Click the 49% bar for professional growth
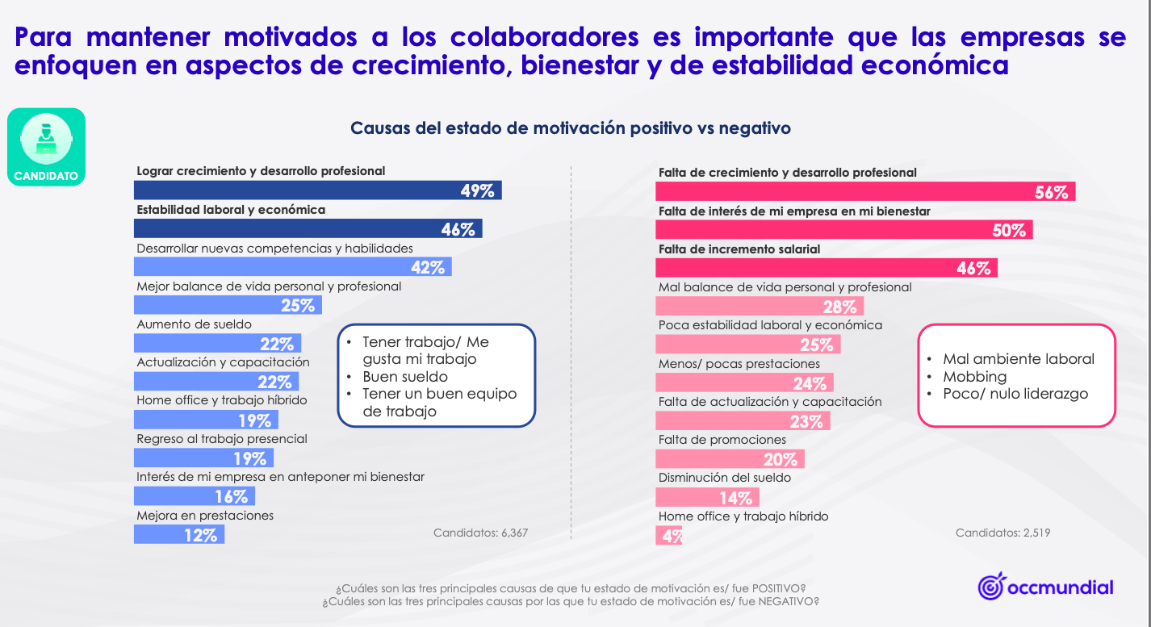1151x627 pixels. click(x=317, y=190)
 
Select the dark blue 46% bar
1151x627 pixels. click(x=308, y=229)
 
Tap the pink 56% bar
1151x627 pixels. click(x=864, y=192)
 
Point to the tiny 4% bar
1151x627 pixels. click(x=669, y=535)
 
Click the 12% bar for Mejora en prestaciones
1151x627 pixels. click(x=178, y=534)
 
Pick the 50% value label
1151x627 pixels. click(x=1009, y=230)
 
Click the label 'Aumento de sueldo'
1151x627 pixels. click(x=194, y=324)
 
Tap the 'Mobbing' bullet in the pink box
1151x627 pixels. click(x=975, y=377)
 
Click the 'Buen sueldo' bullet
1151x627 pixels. click(x=404, y=377)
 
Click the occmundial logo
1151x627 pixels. click(x=1045, y=587)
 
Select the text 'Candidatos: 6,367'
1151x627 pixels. click(x=480, y=533)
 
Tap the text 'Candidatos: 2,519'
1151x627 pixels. click(x=1002, y=533)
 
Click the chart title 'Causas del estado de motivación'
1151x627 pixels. click(x=570, y=128)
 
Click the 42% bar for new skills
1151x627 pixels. click(x=292, y=267)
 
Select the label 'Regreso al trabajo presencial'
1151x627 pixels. click(x=222, y=439)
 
